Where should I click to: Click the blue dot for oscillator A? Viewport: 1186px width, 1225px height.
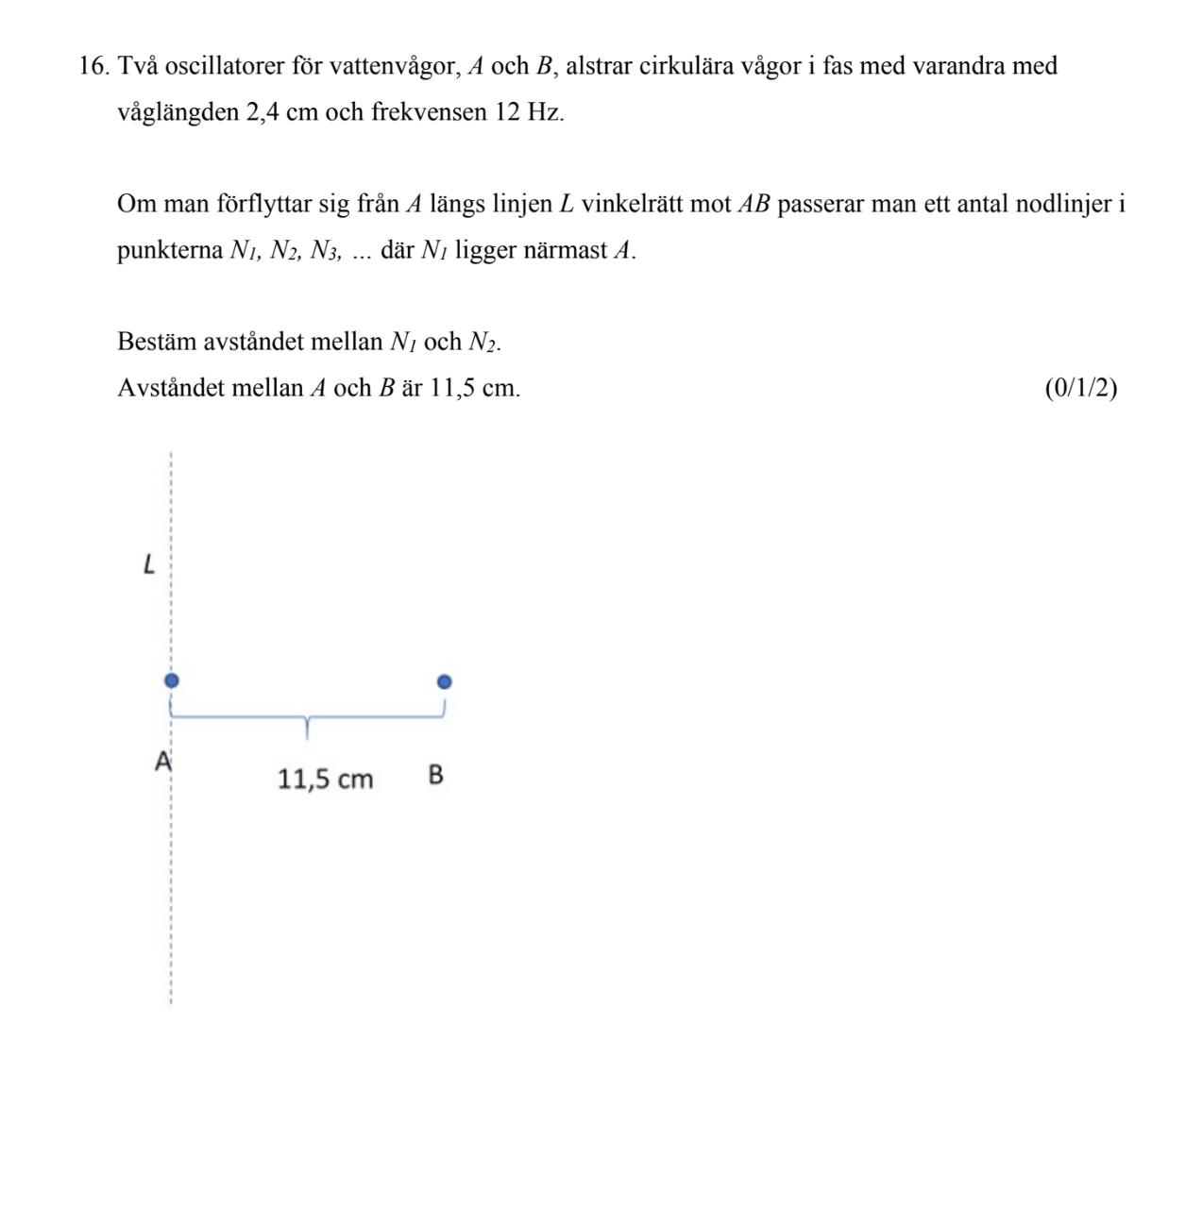171,680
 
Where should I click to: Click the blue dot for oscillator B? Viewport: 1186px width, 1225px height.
445,681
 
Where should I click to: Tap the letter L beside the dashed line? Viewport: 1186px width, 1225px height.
148,565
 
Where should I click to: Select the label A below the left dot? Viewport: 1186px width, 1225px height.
162,761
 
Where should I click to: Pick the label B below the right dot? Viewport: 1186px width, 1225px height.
435,775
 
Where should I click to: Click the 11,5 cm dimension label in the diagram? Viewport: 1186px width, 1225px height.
326,780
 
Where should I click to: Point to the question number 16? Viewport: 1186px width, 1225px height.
94,67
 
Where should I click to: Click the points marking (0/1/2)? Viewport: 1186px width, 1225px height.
1080,388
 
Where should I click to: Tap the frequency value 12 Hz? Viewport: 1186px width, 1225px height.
529,113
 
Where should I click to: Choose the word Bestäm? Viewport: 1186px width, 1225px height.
156,342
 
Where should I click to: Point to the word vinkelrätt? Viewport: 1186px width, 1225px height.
632,204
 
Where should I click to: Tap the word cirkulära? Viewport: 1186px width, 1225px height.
687,67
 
